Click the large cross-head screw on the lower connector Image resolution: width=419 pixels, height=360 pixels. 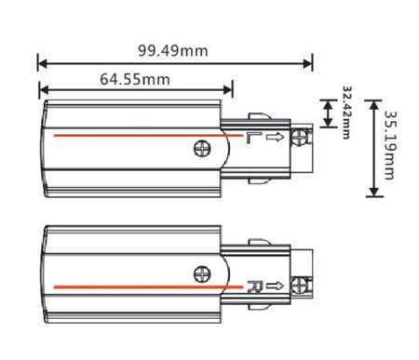[201, 273]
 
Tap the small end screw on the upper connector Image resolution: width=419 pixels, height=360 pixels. [299, 139]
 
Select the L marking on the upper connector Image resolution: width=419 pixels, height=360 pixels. [251, 139]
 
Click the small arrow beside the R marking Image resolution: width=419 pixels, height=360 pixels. [277, 286]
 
